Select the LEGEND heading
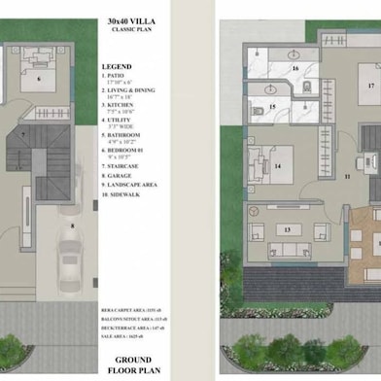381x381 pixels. coord(116,67)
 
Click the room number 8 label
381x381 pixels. coord(72,225)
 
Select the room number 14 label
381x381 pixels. coord(278,166)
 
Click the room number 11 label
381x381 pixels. coord(346,178)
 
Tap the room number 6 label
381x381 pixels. coord(40,79)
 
